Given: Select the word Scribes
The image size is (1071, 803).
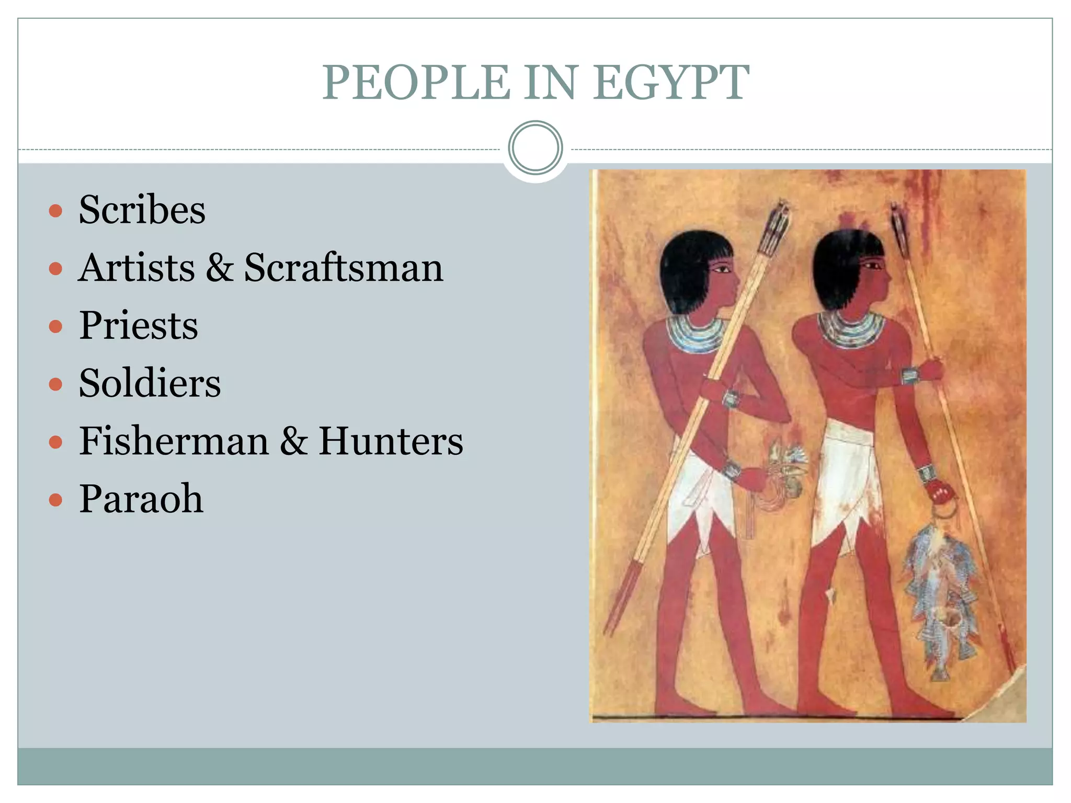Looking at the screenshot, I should (x=142, y=210).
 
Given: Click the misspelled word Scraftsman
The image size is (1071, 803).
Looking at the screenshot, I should (x=344, y=268).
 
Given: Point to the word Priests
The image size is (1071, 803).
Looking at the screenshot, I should (x=139, y=325).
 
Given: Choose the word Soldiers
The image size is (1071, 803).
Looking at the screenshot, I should (x=150, y=383).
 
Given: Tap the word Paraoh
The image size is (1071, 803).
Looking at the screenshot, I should (x=141, y=499).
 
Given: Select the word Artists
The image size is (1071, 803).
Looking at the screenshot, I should (x=136, y=268).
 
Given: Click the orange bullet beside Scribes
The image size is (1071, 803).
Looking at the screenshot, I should (x=55, y=211).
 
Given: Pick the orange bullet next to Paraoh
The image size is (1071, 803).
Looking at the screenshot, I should (x=55, y=500).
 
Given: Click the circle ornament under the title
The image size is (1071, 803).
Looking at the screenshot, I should (x=535, y=148).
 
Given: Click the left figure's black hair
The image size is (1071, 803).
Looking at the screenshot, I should (x=685, y=272).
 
